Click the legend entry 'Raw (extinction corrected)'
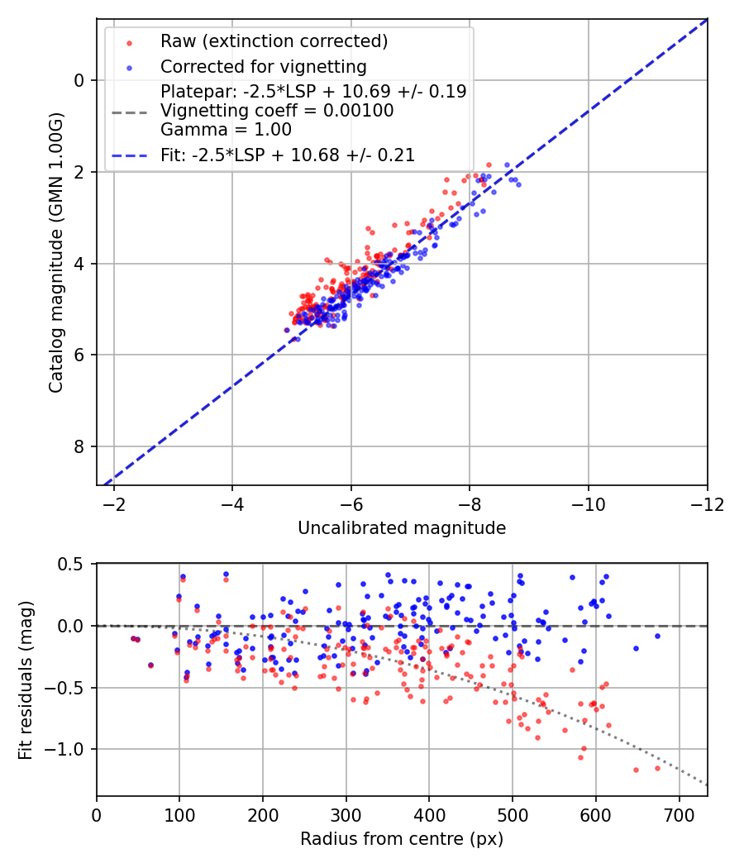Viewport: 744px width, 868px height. click(274, 41)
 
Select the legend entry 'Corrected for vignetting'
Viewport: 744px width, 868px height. click(263, 66)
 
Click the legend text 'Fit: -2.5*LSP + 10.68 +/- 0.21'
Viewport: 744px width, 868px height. click(288, 155)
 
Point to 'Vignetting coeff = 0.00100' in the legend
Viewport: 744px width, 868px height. click(277, 110)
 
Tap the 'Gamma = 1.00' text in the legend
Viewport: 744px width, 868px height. click(226, 129)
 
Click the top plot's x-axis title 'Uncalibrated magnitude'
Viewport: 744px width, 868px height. click(402, 527)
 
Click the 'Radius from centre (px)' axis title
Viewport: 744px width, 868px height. click(402, 839)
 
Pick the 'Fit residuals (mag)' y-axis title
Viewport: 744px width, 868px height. click(25, 680)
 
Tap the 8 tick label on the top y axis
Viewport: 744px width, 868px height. click(79, 447)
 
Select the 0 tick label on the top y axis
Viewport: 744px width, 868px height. click(79, 80)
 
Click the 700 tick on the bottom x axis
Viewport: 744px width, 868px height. click(679, 815)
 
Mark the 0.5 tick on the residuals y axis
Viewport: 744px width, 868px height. click(74, 565)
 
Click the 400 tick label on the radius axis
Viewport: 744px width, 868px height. click(428, 815)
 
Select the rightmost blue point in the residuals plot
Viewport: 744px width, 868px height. click(658, 636)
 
